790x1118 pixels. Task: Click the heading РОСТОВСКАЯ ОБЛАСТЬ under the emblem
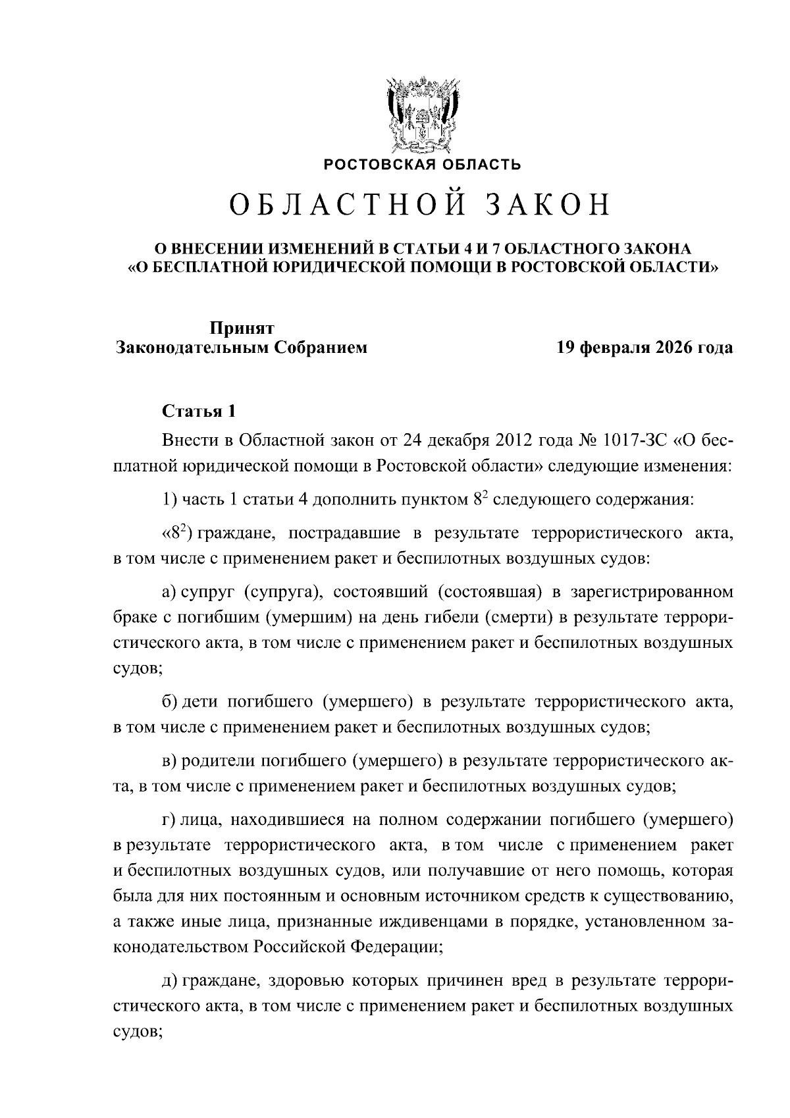[422, 165]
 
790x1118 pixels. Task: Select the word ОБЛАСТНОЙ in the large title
[342, 206]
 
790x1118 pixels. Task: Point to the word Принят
[242, 327]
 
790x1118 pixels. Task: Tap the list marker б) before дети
[170, 703]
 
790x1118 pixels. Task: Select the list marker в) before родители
[170, 762]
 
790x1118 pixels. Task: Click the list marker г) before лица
[169, 820]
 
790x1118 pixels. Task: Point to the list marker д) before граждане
[170, 981]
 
